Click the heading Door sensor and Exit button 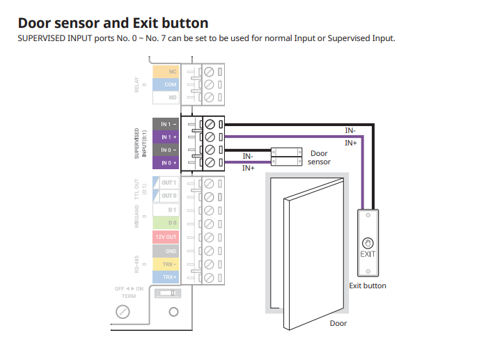coord(112,23)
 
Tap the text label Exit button coord(367,285)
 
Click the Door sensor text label coord(319,157)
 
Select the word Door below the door coord(338,323)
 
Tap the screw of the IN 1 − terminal coord(210,125)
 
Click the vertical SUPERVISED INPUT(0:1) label coord(140,143)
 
